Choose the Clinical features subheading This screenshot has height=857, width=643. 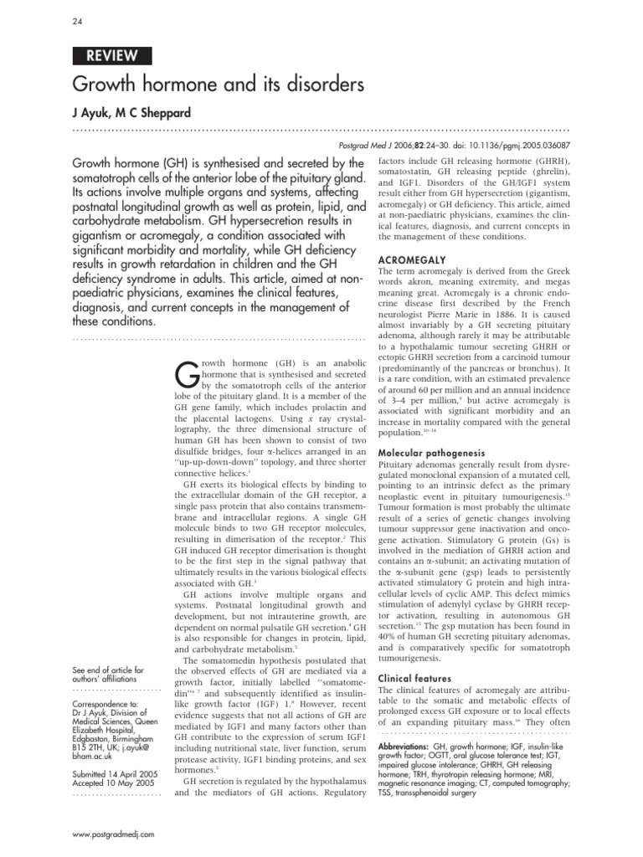pos(415,678)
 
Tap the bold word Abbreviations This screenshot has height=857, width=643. pos(404,744)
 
